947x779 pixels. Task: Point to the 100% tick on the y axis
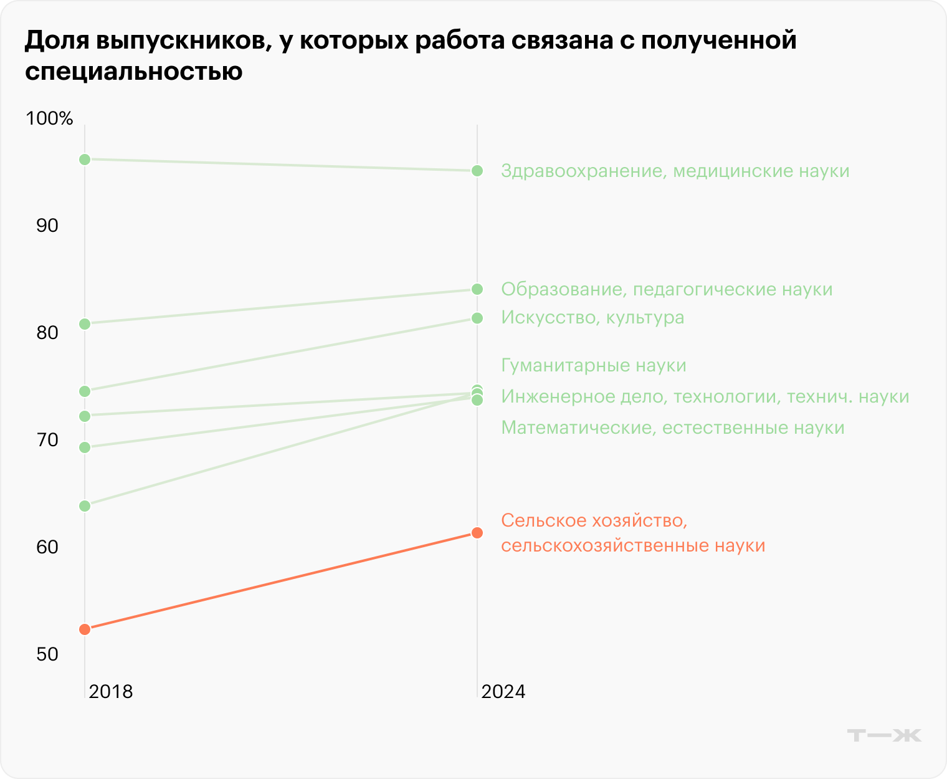[49, 118]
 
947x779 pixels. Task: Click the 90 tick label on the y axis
[47, 226]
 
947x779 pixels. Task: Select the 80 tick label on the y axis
[47, 333]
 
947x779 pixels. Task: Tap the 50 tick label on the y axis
[47, 654]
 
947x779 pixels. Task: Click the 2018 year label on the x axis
[111, 692]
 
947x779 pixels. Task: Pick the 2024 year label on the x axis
[503, 692]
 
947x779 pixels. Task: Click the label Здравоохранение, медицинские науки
[675, 171]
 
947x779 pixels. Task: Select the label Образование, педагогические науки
[667, 289]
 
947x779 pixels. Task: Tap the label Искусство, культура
[592, 318]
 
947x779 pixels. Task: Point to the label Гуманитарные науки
[594, 365]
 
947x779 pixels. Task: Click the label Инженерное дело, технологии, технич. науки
[705, 396]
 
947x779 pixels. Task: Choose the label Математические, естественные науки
[673, 428]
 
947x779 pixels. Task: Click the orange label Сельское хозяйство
[633, 533]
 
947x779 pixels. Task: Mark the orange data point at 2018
[85, 629]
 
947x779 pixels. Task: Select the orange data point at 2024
[477, 533]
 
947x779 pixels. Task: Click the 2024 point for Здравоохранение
[477, 171]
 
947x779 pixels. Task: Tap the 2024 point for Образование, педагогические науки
[477, 289]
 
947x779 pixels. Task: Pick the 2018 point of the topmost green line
[85, 160]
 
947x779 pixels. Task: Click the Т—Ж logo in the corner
[884, 735]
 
